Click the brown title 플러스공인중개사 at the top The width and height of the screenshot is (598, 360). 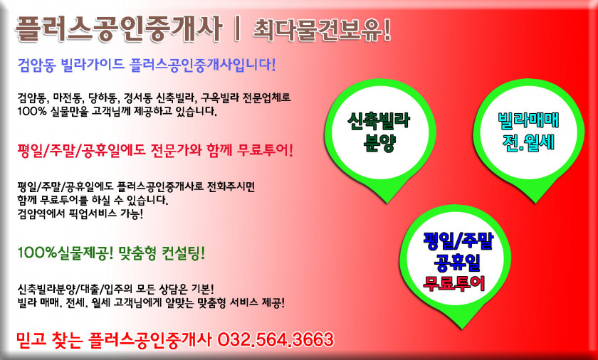(118, 29)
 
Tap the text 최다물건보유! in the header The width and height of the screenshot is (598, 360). (322, 29)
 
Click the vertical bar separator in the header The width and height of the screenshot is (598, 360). (237, 29)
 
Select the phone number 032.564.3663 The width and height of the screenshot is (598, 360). (276, 339)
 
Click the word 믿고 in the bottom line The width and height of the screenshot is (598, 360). (30, 340)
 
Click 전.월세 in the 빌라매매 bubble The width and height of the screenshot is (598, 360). (528, 142)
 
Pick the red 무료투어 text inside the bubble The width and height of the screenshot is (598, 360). (454, 283)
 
